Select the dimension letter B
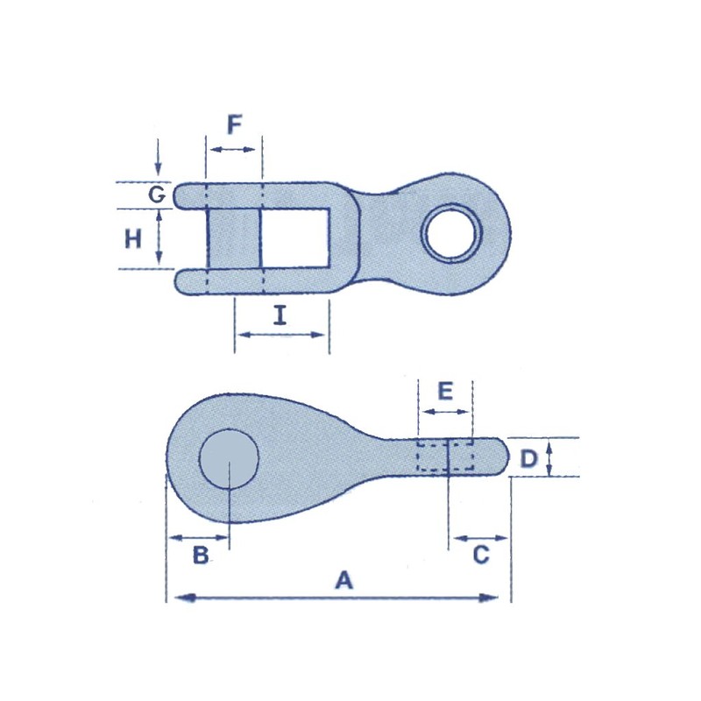tap(200, 556)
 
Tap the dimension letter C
tap(481, 555)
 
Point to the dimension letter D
tap(528, 458)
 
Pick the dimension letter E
tap(445, 391)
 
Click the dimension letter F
tap(234, 126)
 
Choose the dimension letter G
tap(156, 195)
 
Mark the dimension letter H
tap(133, 238)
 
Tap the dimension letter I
tap(280, 315)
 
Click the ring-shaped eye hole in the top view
tap(452, 232)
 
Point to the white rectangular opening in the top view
tap(295, 238)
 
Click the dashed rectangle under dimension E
tap(445, 457)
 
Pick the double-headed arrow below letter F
tap(234, 151)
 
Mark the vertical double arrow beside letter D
tap(549, 458)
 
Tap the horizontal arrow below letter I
tap(281, 335)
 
